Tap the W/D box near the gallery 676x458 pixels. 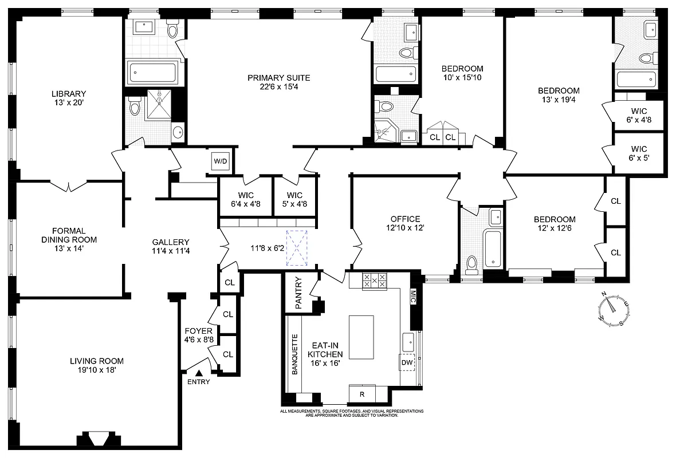(x=221, y=161)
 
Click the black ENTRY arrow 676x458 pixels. (x=199, y=373)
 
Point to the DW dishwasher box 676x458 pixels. (x=407, y=363)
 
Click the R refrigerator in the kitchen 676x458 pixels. (x=362, y=394)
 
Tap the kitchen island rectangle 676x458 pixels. (x=361, y=337)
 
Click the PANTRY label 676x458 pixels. (x=298, y=293)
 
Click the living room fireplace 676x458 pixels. (x=93, y=439)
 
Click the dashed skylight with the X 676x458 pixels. (x=297, y=248)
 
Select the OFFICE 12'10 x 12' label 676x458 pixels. (x=405, y=223)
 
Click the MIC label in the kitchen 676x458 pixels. (x=413, y=295)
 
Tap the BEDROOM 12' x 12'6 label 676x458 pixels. (x=554, y=224)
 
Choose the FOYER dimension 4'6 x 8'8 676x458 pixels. (x=199, y=339)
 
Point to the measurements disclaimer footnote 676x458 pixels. (x=352, y=413)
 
